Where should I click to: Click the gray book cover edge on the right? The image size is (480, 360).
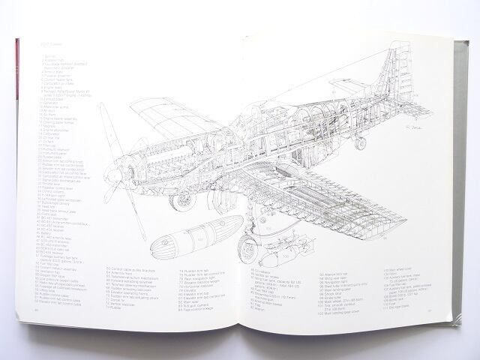(x=463, y=225)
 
